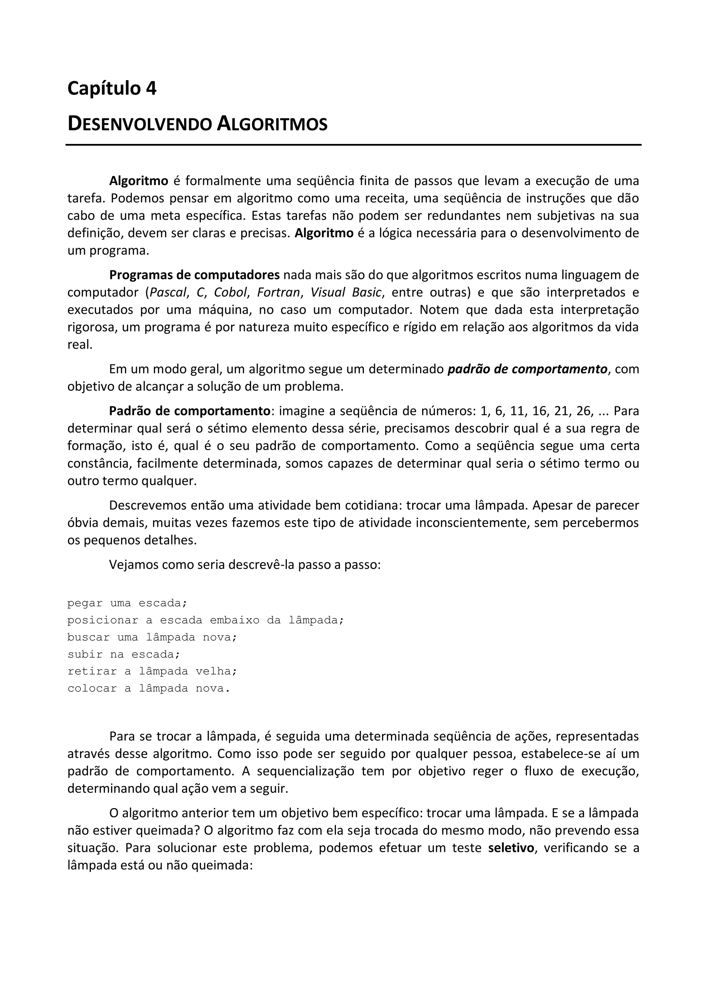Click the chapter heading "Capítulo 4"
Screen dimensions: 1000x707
[x=112, y=89]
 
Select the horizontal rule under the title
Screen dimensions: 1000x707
[x=353, y=145]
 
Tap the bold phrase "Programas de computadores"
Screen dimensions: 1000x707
[x=194, y=275]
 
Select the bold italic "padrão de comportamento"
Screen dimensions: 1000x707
[x=527, y=369]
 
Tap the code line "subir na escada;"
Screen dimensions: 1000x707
[x=124, y=654]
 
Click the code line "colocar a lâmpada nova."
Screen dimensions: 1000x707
[x=148, y=688]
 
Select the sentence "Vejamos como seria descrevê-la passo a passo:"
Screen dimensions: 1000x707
[x=245, y=565]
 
